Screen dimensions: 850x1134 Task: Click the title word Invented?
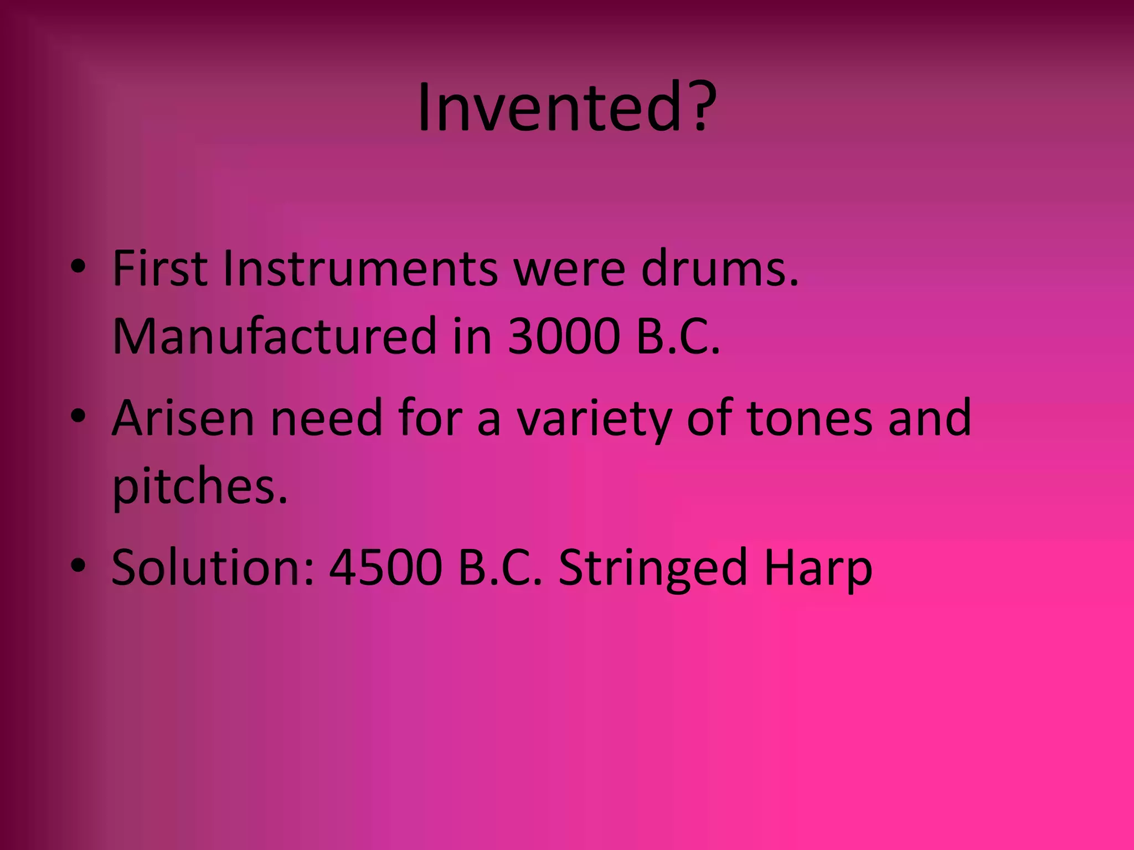click(x=566, y=107)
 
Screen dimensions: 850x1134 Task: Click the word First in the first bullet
click(x=159, y=269)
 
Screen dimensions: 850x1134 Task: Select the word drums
click(x=720, y=269)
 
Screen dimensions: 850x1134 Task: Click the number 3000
click(x=563, y=337)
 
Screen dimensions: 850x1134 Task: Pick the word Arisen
click(x=183, y=418)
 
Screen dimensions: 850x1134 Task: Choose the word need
click(x=326, y=418)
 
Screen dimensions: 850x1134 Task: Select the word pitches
click(x=200, y=487)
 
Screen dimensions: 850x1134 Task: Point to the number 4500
click(x=385, y=568)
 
